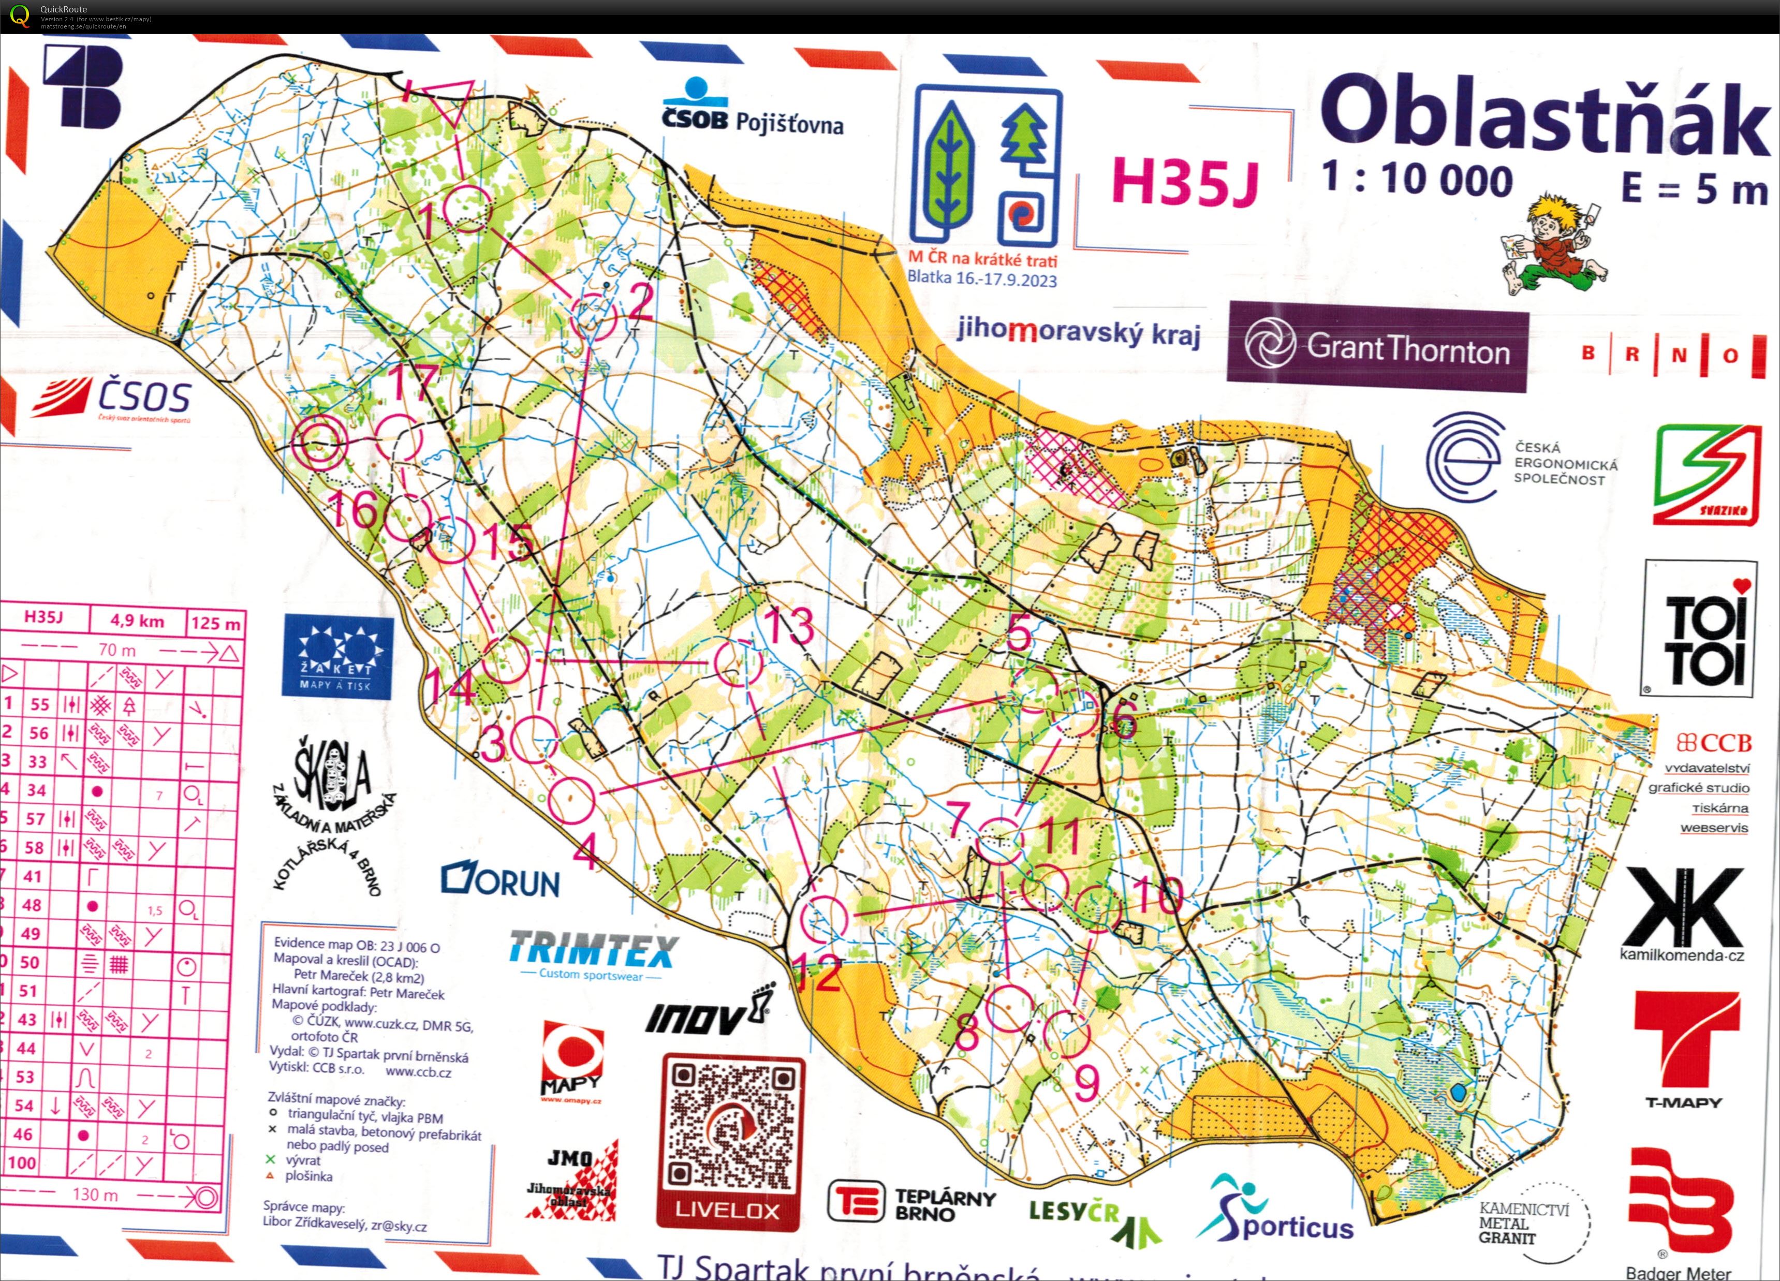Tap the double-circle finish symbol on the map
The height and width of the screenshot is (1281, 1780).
(319, 443)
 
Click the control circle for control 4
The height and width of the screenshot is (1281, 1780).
(571, 800)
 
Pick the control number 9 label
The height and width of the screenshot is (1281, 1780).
(1086, 1085)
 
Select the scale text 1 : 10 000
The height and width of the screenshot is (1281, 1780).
(1417, 180)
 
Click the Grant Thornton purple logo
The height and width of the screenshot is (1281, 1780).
(1377, 347)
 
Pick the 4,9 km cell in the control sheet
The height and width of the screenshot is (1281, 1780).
(137, 621)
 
